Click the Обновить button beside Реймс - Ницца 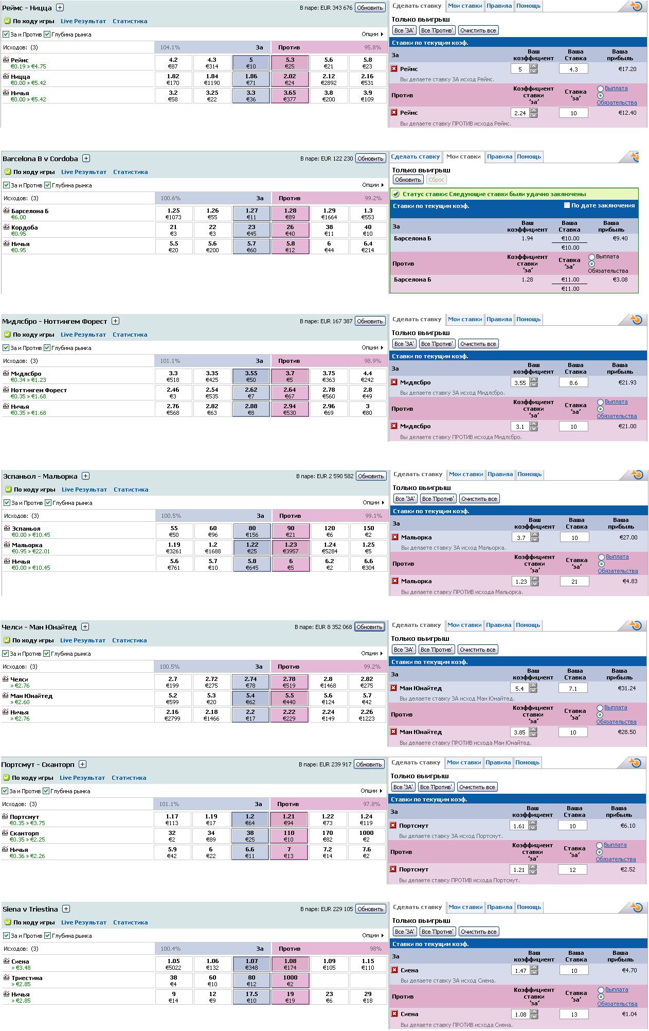pyautogui.click(x=370, y=8)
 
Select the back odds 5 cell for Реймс pyautogui.click(x=251, y=63)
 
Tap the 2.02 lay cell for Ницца pyautogui.click(x=290, y=79)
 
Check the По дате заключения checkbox pyautogui.click(x=567, y=205)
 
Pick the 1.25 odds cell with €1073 pyautogui.click(x=174, y=214)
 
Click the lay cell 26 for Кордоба pyautogui.click(x=291, y=230)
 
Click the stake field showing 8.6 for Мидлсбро pyautogui.click(x=573, y=383)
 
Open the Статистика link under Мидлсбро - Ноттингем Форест pyautogui.click(x=130, y=335)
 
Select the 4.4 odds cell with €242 pyautogui.click(x=367, y=376)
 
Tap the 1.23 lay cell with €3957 pyautogui.click(x=291, y=548)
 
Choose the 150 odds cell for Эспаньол pyautogui.click(x=369, y=531)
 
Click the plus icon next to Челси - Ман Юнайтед pyautogui.click(x=85, y=627)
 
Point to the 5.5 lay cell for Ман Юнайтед pyautogui.click(x=290, y=698)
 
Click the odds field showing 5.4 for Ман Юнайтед pyautogui.click(x=519, y=689)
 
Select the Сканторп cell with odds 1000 pyautogui.click(x=367, y=836)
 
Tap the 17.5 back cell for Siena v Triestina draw pyautogui.click(x=251, y=997)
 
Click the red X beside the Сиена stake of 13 pyautogui.click(x=394, y=1014)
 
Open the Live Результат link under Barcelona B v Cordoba pyautogui.click(x=84, y=172)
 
